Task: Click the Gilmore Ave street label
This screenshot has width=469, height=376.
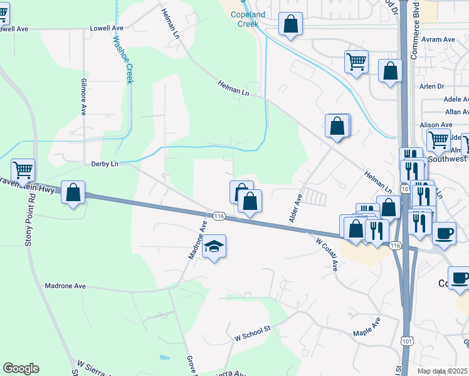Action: pyautogui.click(x=83, y=97)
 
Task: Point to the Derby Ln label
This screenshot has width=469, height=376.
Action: pyautogui.click(x=105, y=164)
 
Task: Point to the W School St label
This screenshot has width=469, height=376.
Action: pyautogui.click(x=251, y=337)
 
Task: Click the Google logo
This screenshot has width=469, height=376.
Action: pyautogui.click(x=21, y=368)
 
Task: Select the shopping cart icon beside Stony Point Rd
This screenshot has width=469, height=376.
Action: pyautogui.click(x=23, y=169)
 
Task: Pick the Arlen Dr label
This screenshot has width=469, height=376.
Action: pyautogui.click(x=432, y=86)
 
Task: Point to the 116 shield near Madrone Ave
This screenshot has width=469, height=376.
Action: pyautogui.click(x=219, y=216)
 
